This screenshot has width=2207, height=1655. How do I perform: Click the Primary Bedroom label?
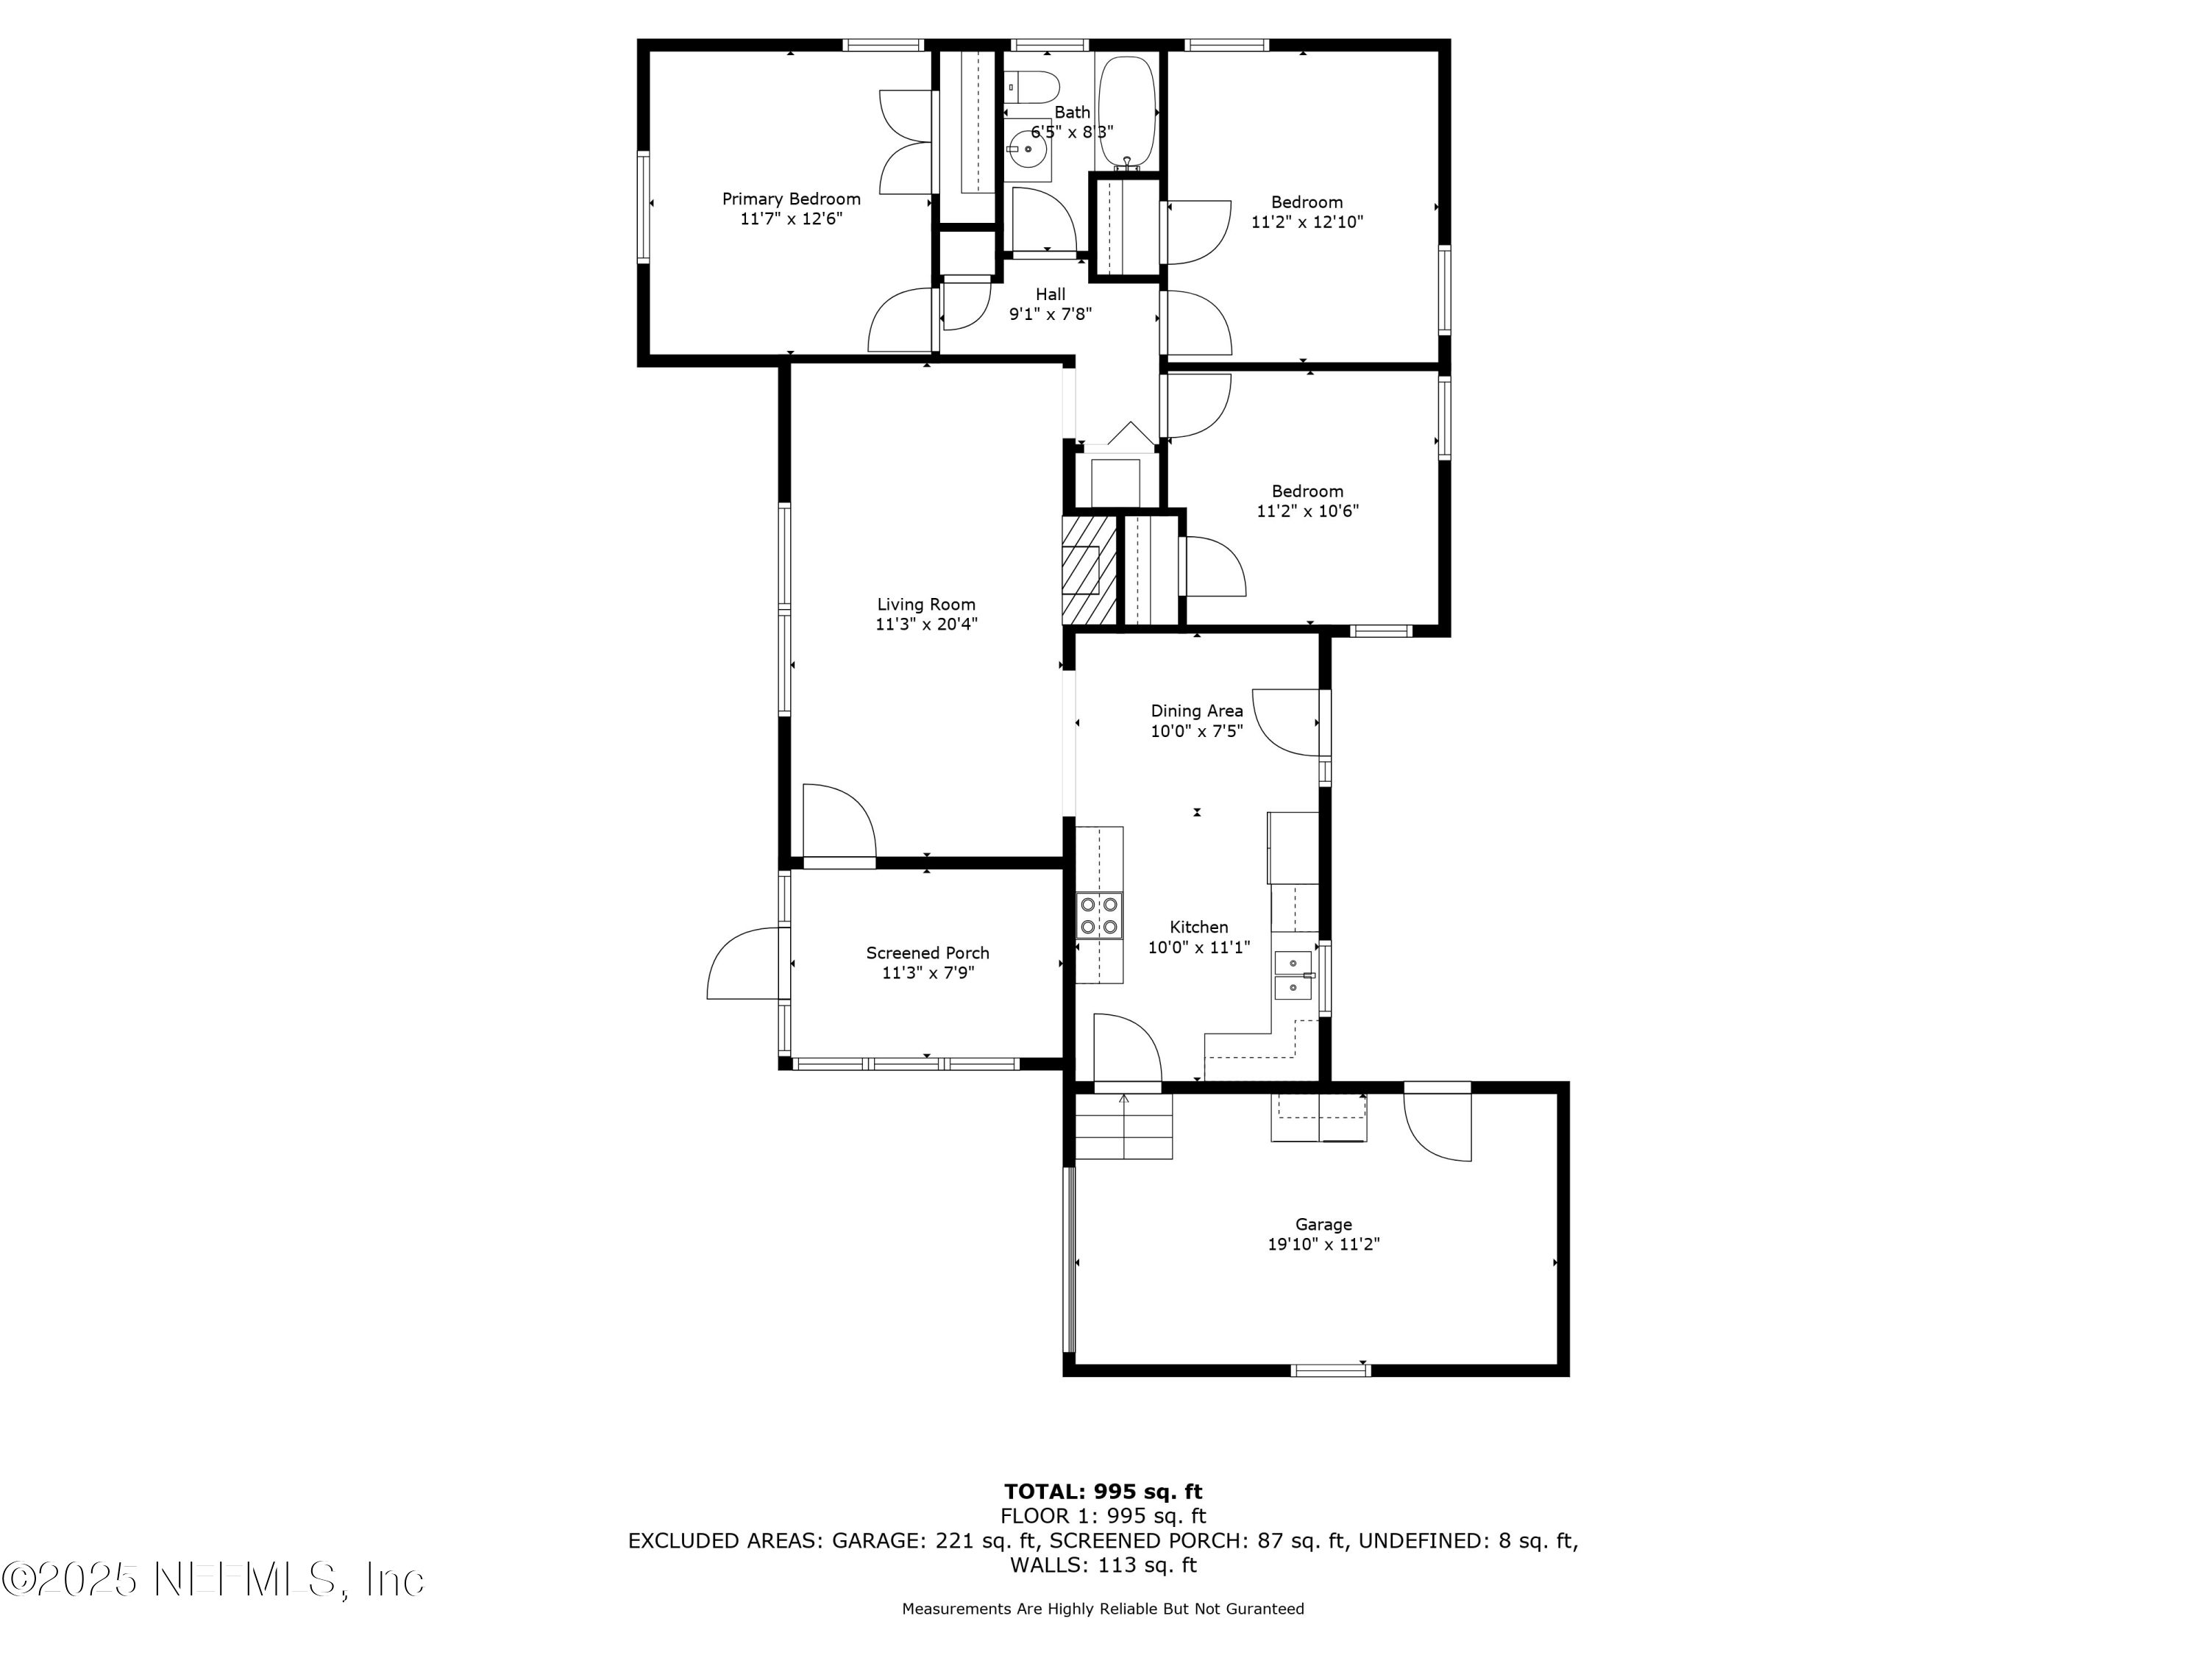coord(791,199)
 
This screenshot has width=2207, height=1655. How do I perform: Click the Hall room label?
coord(1050,294)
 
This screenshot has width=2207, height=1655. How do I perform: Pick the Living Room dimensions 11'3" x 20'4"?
coord(926,624)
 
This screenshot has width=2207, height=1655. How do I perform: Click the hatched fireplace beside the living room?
coord(1089,569)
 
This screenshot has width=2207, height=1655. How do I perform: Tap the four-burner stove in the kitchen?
coord(1098,916)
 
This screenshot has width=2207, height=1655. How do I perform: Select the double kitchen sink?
coord(1293,975)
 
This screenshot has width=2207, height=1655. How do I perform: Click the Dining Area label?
coord(1197,711)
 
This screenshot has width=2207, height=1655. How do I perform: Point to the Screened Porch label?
coord(928,953)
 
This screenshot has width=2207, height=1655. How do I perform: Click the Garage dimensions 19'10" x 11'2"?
coord(1324,1244)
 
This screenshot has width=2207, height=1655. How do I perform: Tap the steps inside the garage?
coord(1124,1126)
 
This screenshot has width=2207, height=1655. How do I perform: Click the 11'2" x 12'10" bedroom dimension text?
coord(1307,222)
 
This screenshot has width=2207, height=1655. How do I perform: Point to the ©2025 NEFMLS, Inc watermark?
coord(213,1579)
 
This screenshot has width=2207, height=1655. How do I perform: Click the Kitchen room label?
coord(1199,928)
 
